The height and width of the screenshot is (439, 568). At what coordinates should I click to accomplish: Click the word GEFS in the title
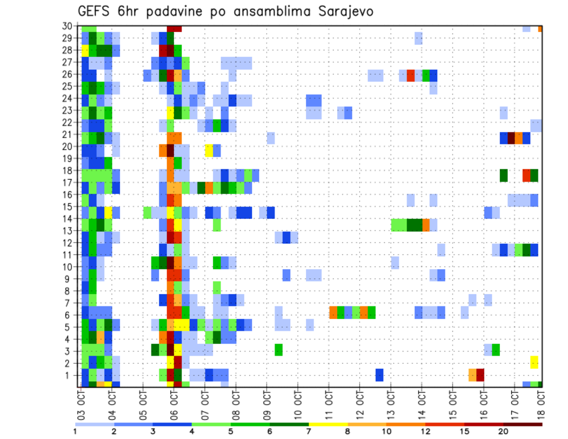[95, 11]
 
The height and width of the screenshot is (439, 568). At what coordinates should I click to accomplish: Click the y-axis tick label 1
[69, 375]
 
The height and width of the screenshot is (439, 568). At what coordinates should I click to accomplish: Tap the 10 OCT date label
[298, 402]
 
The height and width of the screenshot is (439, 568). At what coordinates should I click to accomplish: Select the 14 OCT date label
[422, 402]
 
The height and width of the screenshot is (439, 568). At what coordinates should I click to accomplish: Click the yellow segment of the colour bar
[328, 424]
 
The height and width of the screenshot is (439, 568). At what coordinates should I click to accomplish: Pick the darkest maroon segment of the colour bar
[522, 424]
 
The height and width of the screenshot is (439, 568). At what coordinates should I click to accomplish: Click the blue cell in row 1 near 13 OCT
[379, 375]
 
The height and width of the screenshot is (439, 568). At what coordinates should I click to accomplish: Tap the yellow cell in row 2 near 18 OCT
[534, 362]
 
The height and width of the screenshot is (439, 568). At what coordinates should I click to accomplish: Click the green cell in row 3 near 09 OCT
[279, 350]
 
